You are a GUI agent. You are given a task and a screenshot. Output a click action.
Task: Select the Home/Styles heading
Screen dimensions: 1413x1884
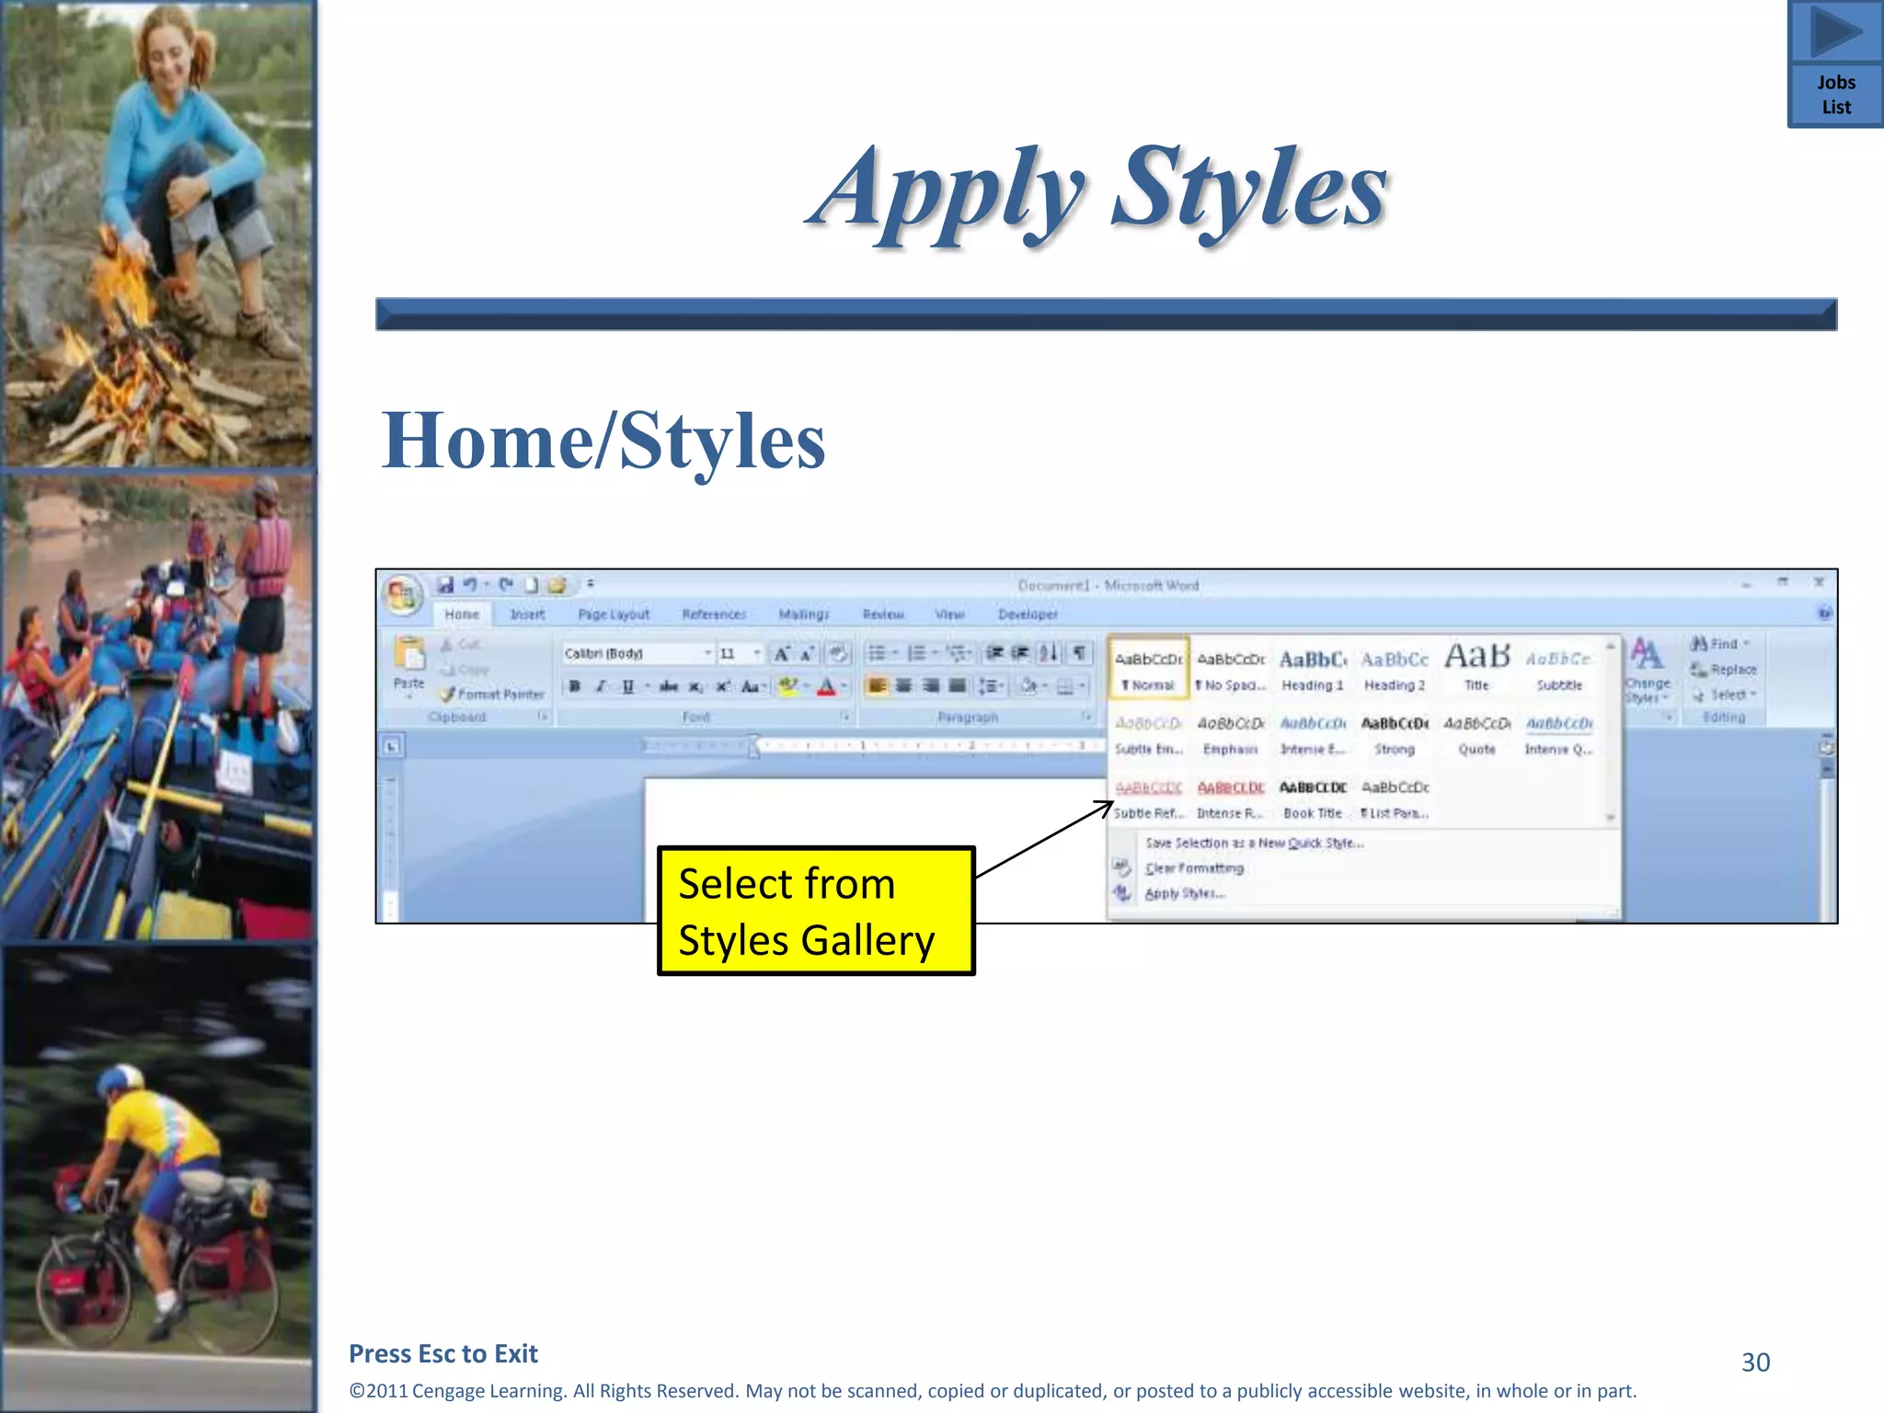603,441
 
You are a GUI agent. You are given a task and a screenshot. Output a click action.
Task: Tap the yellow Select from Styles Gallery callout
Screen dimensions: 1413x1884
815,911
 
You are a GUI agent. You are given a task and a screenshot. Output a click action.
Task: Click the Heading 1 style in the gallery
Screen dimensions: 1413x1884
1312,670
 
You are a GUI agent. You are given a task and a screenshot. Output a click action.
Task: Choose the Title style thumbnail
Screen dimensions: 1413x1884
1476,667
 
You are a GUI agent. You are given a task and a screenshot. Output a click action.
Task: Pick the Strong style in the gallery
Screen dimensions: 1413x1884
1395,734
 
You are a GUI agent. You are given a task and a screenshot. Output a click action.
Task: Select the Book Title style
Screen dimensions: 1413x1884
1312,798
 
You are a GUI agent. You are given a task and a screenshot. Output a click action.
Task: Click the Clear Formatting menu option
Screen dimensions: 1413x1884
1194,867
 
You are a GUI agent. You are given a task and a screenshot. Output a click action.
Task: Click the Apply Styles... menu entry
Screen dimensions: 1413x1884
1185,893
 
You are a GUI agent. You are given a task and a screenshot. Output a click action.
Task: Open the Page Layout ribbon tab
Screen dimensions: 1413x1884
614,615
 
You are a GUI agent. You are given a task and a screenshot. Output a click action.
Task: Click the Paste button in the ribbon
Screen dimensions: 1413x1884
408,662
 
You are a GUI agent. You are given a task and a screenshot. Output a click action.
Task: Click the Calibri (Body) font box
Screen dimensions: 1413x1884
633,653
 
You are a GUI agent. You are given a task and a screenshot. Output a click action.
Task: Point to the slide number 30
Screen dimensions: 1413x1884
1755,1361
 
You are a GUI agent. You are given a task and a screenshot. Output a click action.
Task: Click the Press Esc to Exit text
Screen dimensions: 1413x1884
443,1353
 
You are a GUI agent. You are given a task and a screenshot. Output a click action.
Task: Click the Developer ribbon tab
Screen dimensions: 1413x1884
1028,615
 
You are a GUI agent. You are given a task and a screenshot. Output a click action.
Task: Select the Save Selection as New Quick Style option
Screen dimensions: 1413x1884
1254,843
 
